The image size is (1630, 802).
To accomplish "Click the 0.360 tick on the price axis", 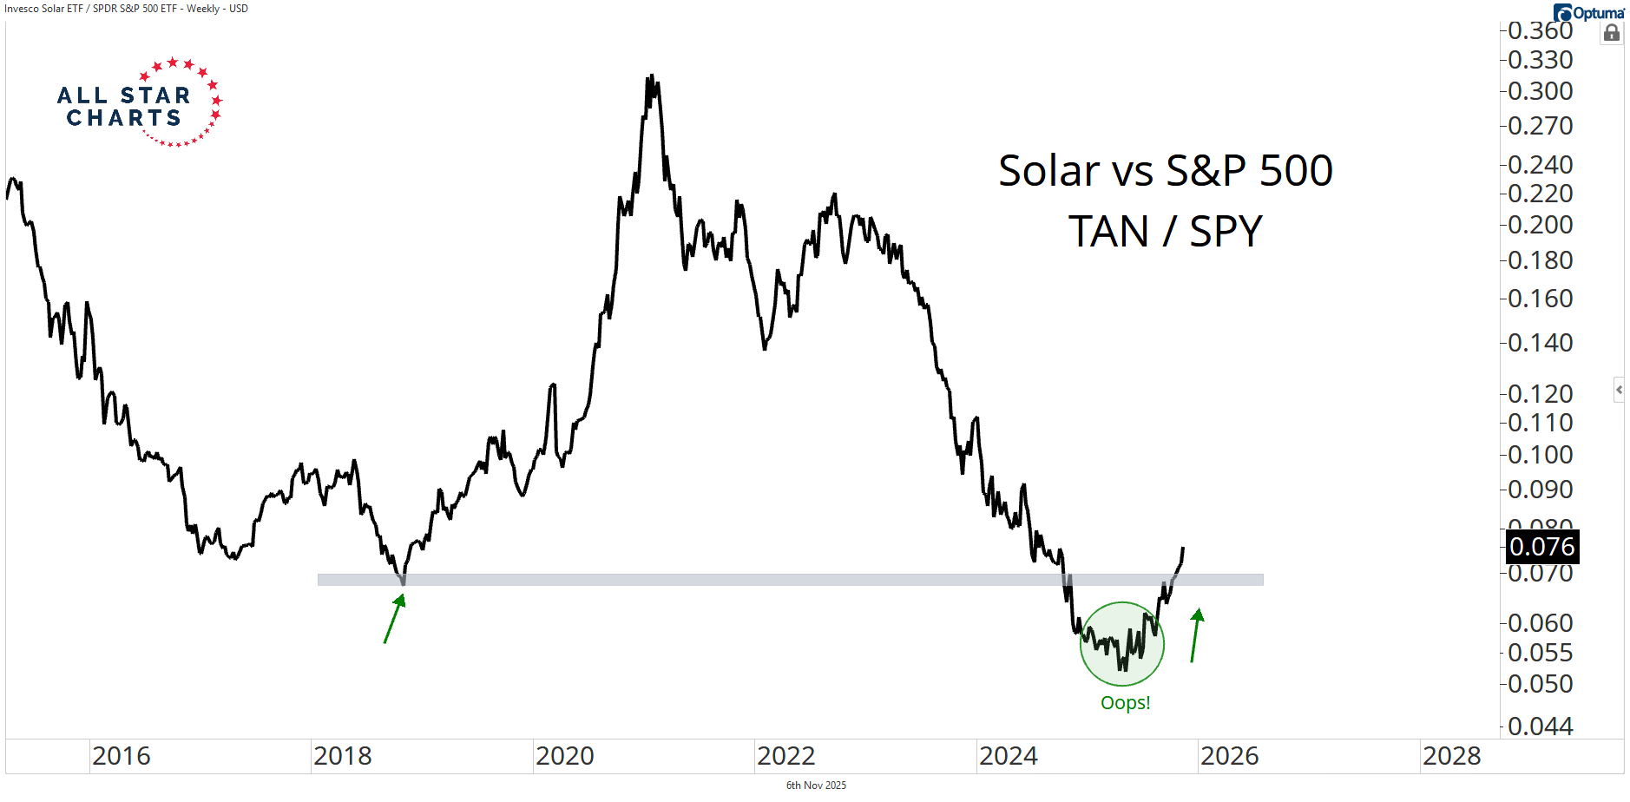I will point(1540,30).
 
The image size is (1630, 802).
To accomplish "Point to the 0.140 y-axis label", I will point(1540,343).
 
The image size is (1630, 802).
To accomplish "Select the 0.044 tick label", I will point(1540,726).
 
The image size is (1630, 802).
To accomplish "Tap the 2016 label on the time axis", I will point(122,756).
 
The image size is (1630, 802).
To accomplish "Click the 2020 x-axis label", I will point(564,756).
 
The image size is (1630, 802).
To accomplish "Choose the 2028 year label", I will point(1451,756).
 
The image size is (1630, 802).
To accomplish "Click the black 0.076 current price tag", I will point(1541,547).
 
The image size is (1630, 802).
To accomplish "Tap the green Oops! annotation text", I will point(1125,702).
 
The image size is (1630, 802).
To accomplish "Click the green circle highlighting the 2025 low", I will point(1121,644).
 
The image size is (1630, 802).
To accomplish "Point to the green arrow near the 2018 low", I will point(395,618).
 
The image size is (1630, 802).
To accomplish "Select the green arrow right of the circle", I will point(1196,635).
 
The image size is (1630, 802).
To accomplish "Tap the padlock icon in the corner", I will point(1612,34).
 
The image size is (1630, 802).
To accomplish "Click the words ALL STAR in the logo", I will point(123,95).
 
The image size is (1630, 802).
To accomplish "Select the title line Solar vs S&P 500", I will point(1165,170).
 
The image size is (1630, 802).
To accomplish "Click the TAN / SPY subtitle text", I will point(1165,232).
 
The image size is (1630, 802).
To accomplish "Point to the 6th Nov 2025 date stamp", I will point(816,786).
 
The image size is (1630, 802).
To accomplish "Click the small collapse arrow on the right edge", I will point(1619,390).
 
